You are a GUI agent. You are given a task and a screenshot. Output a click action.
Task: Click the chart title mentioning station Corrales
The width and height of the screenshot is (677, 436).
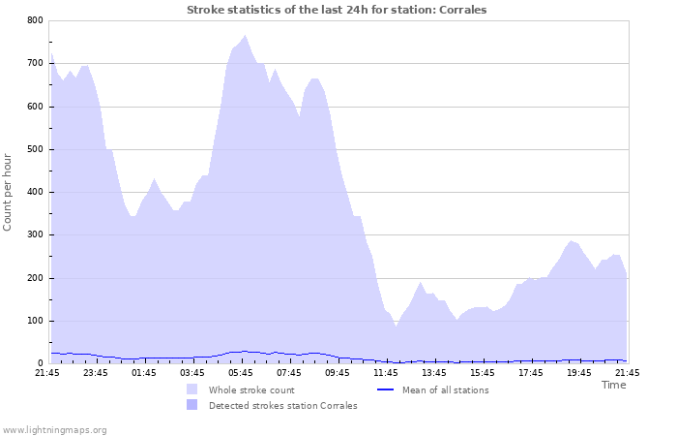(x=337, y=10)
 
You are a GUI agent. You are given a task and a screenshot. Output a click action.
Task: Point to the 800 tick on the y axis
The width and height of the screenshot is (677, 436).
(x=34, y=20)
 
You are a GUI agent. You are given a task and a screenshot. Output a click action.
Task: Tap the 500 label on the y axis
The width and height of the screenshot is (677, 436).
(x=34, y=149)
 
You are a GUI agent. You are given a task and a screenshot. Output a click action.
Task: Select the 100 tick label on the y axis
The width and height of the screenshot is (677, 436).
(x=34, y=321)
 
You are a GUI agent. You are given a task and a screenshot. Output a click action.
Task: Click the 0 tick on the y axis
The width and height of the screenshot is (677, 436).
(x=39, y=363)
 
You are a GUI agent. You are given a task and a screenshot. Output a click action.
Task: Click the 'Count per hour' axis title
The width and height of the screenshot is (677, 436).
(x=9, y=191)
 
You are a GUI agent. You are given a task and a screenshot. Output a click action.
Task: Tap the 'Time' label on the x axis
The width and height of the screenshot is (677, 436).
(x=613, y=385)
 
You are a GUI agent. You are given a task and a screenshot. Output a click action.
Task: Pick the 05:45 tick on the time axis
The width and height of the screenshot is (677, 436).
(x=241, y=372)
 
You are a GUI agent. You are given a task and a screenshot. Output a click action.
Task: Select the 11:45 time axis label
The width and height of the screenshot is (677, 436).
(x=386, y=372)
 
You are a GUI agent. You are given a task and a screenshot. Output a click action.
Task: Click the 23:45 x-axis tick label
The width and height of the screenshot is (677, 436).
(x=96, y=372)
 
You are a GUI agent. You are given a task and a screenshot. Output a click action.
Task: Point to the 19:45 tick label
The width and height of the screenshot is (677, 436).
(x=579, y=372)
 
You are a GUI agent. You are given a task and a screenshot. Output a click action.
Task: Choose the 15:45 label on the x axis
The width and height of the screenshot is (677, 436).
(x=483, y=372)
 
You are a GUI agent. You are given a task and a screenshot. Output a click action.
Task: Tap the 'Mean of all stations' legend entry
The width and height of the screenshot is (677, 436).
(x=445, y=389)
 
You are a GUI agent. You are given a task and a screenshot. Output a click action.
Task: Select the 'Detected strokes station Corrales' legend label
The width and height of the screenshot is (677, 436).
(x=282, y=405)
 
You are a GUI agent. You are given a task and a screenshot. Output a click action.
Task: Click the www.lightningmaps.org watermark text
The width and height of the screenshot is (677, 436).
(x=54, y=429)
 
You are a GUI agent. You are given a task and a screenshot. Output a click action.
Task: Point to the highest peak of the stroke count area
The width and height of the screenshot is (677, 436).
(x=246, y=36)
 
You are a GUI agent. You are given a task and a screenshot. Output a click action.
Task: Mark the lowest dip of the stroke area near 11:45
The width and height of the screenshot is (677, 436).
(x=396, y=326)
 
